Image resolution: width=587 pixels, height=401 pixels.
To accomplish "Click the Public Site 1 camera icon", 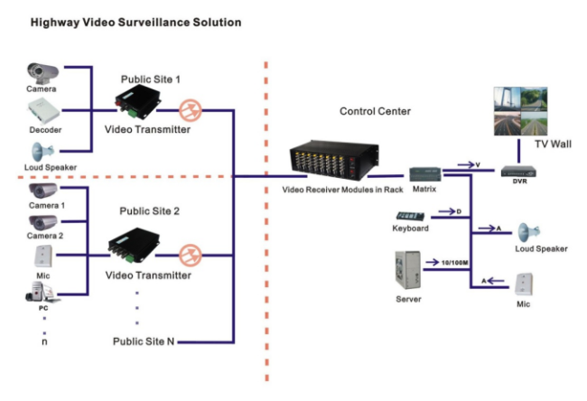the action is [42, 72].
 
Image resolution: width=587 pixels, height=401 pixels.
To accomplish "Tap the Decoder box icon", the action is [44, 111].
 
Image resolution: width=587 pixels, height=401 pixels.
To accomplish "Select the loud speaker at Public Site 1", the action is [42, 152].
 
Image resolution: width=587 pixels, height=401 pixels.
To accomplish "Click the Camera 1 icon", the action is [43, 191].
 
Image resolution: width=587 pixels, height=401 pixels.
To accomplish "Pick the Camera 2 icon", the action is [43, 222].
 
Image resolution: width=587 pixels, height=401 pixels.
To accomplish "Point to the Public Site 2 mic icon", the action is [43, 256].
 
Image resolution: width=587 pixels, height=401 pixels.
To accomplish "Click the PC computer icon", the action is [42, 292].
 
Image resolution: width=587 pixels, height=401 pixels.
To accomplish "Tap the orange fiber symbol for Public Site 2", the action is [191, 256].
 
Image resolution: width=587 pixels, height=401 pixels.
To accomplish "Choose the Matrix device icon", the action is [425, 174].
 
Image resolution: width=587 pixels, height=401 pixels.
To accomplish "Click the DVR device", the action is [518, 172].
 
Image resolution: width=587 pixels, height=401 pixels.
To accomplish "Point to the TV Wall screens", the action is [520, 111].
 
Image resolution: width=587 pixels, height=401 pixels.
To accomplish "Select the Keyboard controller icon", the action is [410, 217].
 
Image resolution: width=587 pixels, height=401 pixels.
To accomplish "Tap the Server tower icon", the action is [407, 270].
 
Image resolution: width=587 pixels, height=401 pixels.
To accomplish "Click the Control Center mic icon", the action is [524, 284].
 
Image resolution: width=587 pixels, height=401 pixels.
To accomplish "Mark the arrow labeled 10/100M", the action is [433, 262].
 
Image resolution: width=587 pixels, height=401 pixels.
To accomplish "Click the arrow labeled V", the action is [466, 164].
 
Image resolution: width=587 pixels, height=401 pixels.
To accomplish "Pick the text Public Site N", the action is [144, 341].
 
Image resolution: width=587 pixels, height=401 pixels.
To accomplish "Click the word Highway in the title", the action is [55, 23].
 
